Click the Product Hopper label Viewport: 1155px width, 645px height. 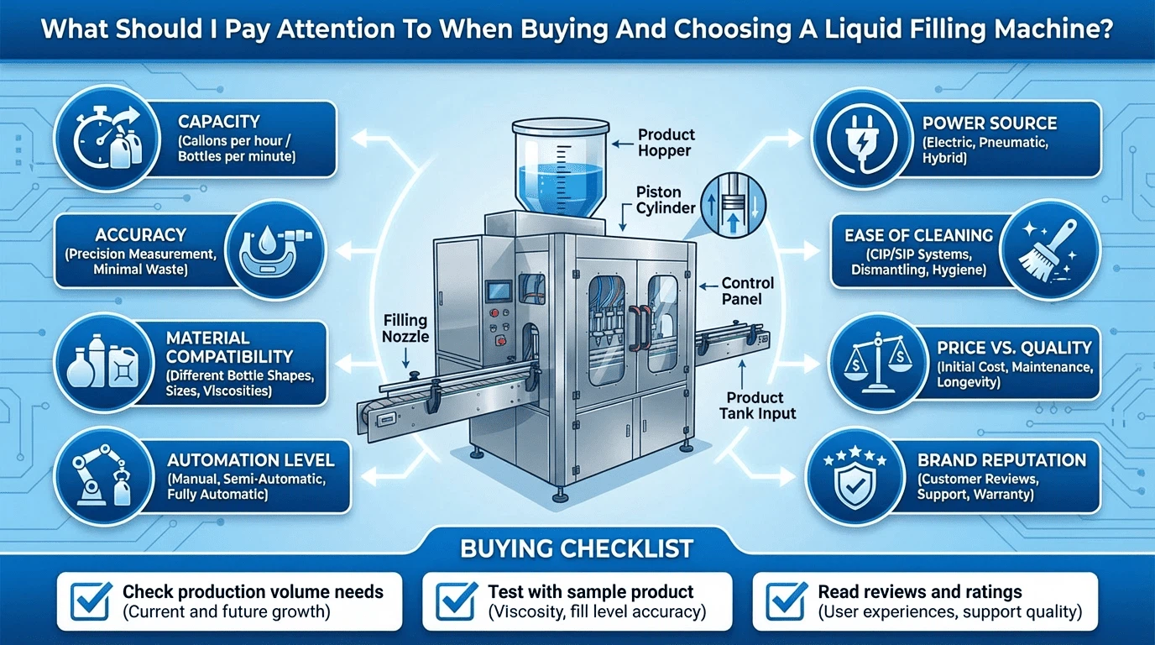click(666, 143)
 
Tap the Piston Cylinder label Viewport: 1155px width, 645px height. click(666, 200)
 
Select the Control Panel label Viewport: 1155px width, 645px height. click(747, 291)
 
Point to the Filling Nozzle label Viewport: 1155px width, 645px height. click(405, 328)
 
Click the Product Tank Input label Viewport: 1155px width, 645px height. click(757, 405)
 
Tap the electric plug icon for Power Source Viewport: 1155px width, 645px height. click(861, 140)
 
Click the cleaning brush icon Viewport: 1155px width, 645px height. click(1048, 251)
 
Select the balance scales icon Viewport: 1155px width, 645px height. click(878, 362)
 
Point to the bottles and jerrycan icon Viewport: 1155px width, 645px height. click(103, 362)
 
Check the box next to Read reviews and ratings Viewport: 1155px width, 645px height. click(786, 601)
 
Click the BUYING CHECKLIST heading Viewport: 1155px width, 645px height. click(577, 548)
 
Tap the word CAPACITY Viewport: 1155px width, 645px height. click(218, 122)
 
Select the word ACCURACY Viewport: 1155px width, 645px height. click(140, 235)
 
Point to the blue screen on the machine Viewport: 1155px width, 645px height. click(499, 290)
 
